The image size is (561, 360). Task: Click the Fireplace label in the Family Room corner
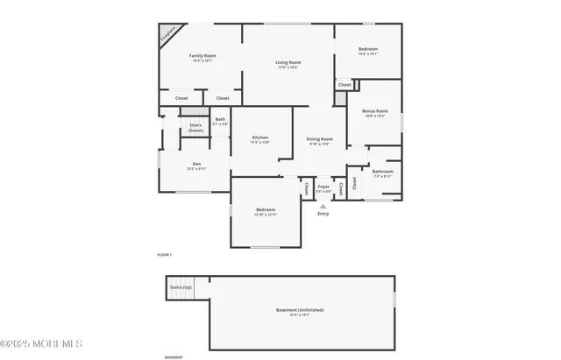[x=167, y=33]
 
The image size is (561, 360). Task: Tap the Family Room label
[x=203, y=55]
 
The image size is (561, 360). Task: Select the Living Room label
[x=288, y=61]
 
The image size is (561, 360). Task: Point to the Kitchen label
[x=260, y=137]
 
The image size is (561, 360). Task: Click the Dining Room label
[x=319, y=139]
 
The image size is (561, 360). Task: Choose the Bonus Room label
[x=374, y=111]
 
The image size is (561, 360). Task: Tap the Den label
[x=197, y=164]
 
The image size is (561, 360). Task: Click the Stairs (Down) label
[x=196, y=128]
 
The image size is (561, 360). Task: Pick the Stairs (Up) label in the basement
[x=181, y=287]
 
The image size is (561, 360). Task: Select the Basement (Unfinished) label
[x=300, y=309]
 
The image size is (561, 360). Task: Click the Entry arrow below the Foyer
[x=323, y=206]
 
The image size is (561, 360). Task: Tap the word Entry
[x=323, y=214]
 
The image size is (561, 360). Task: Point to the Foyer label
[x=323, y=187]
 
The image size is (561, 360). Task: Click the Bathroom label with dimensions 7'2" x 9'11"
[x=383, y=172]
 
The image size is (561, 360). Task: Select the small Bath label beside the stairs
[x=220, y=119]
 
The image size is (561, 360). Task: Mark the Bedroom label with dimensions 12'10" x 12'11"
[x=266, y=210]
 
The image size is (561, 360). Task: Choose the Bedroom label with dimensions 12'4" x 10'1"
[x=368, y=49]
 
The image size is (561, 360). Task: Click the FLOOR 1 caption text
[x=164, y=254]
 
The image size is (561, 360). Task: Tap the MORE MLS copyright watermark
[x=41, y=343]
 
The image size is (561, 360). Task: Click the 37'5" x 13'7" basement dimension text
[x=300, y=315]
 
